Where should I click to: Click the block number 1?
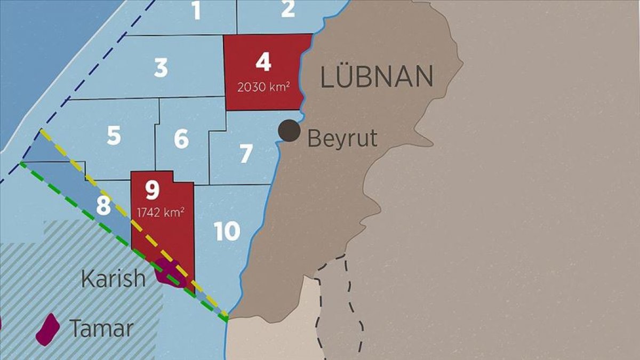[x=197, y=10]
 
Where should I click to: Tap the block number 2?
[x=287, y=9]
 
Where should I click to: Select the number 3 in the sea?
[x=161, y=68]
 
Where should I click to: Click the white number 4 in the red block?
[x=263, y=62]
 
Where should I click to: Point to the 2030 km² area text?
[x=263, y=86]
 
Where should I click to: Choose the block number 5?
[x=114, y=135]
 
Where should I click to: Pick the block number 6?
[x=181, y=139]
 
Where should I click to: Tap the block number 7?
[x=245, y=154]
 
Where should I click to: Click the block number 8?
[x=103, y=206]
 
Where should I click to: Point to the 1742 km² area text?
[x=161, y=212]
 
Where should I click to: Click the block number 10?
[x=227, y=231]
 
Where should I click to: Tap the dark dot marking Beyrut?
[x=290, y=131]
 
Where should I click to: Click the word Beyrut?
[x=342, y=139]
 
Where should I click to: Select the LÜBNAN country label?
[x=377, y=77]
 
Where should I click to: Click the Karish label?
[x=113, y=278]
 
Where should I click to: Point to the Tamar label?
[x=101, y=329]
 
